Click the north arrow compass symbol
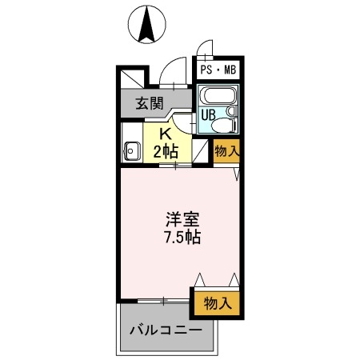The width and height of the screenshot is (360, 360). click(x=147, y=24)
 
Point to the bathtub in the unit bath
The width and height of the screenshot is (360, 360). click(x=216, y=98)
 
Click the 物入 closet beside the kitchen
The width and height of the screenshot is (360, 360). click(x=226, y=150)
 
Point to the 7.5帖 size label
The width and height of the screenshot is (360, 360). click(x=182, y=238)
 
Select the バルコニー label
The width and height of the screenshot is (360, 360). click(x=165, y=330)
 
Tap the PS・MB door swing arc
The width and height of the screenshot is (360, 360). click(x=205, y=49)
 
